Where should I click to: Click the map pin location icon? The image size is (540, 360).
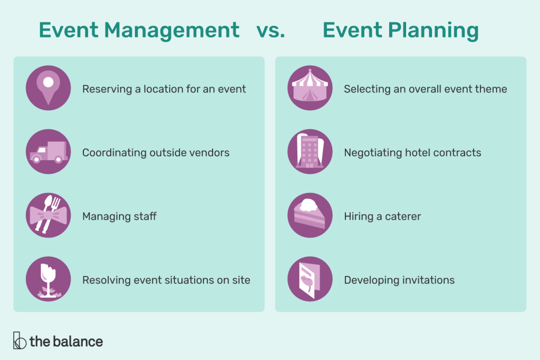click(x=48, y=88)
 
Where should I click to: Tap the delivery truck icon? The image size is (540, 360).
click(x=48, y=152)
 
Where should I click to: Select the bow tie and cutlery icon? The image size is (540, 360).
click(x=48, y=215)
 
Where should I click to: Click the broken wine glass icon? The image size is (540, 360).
click(x=48, y=279)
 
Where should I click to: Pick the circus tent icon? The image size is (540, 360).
click(x=310, y=88)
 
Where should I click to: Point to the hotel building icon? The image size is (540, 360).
click(x=310, y=152)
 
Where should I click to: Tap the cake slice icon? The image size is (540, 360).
click(x=310, y=215)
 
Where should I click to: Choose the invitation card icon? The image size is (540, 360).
click(x=310, y=279)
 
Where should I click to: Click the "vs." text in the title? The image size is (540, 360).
click(x=271, y=30)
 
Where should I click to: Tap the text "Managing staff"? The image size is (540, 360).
click(x=119, y=216)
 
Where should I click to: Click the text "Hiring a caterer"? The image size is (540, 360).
click(x=382, y=216)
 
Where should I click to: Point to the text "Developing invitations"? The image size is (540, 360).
click(x=399, y=280)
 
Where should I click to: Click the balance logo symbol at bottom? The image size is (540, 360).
click(x=20, y=341)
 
